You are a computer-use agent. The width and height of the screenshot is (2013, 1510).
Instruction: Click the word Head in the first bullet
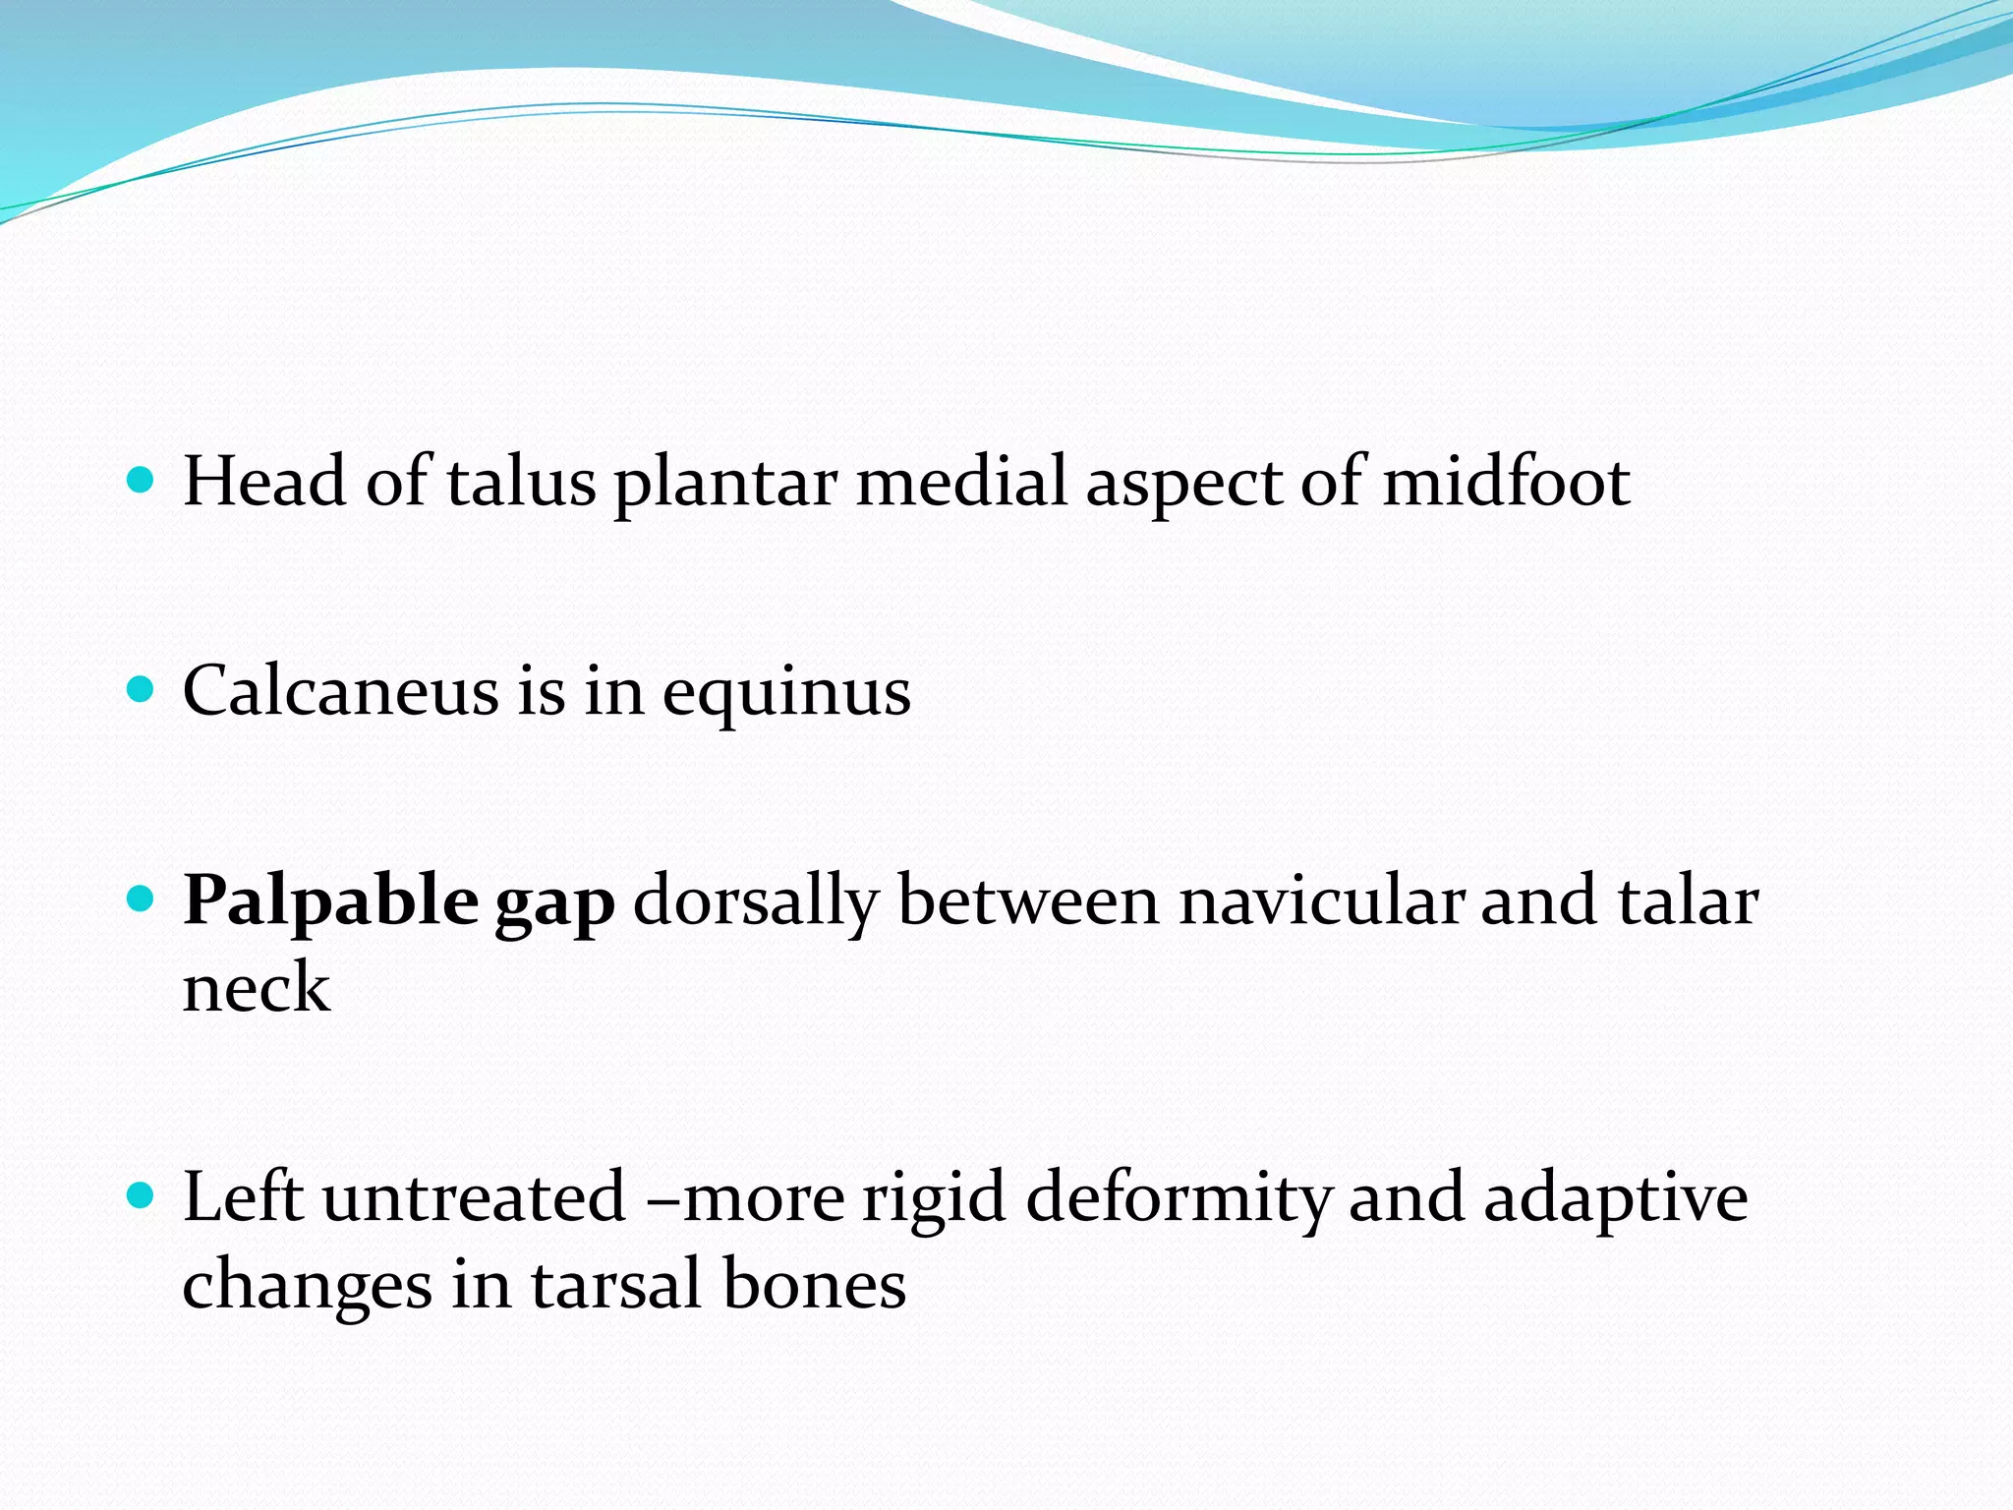point(263,482)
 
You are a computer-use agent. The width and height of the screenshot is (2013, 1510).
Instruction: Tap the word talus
point(521,482)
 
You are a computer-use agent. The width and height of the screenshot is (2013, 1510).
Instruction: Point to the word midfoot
point(1506,482)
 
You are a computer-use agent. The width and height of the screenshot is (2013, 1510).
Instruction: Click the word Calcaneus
point(340,691)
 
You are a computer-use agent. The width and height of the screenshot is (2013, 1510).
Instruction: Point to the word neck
point(256,988)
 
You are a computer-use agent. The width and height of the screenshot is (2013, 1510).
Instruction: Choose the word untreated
point(474,1198)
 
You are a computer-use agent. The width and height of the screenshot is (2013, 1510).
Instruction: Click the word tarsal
point(616,1285)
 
